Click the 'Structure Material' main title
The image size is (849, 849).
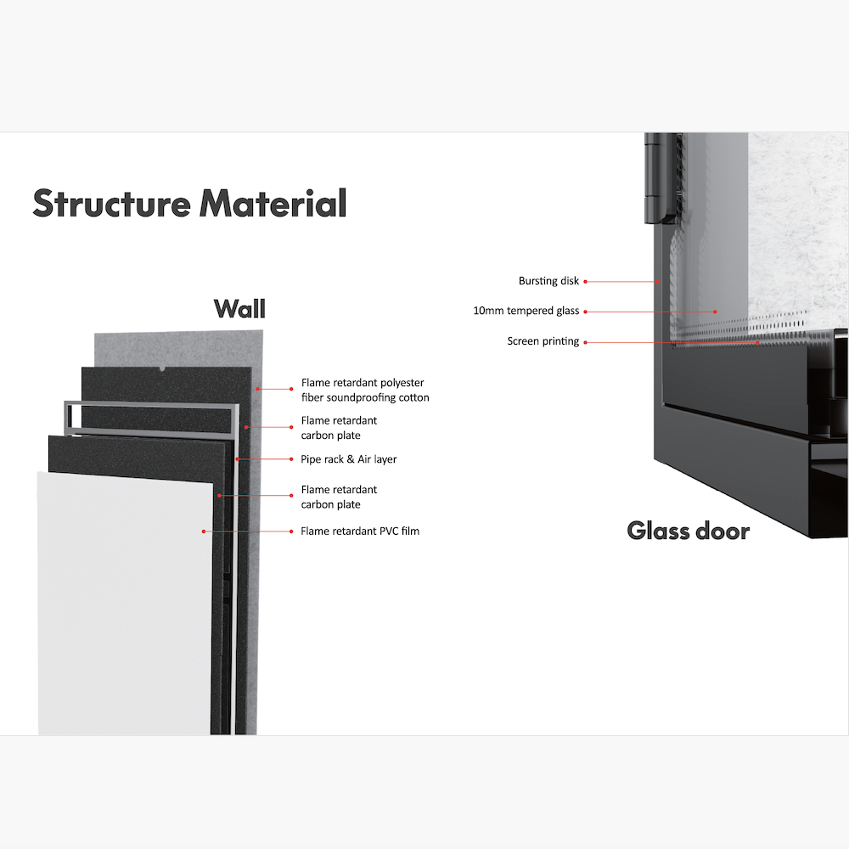click(x=189, y=204)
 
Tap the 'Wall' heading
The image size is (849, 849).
click(x=240, y=309)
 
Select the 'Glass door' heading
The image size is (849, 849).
click(x=689, y=531)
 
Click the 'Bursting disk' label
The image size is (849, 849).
click(x=548, y=281)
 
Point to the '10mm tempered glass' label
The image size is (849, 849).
click(x=526, y=311)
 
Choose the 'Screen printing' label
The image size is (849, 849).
click(x=543, y=341)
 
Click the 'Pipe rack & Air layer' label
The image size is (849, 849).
click(x=349, y=459)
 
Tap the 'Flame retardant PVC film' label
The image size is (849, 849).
click(x=360, y=531)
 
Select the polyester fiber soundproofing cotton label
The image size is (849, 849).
click(x=365, y=390)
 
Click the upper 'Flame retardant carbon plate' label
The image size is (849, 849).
click(x=339, y=428)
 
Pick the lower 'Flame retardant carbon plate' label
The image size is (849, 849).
click(x=339, y=497)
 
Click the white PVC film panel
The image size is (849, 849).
click(x=125, y=604)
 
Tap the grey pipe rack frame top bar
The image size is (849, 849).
click(x=152, y=404)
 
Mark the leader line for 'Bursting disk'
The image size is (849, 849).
click(x=621, y=282)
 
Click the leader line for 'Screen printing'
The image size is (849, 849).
click(x=672, y=342)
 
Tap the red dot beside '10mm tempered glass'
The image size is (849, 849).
click(x=585, y=312)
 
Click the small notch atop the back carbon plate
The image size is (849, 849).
click(x=162, y=368)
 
